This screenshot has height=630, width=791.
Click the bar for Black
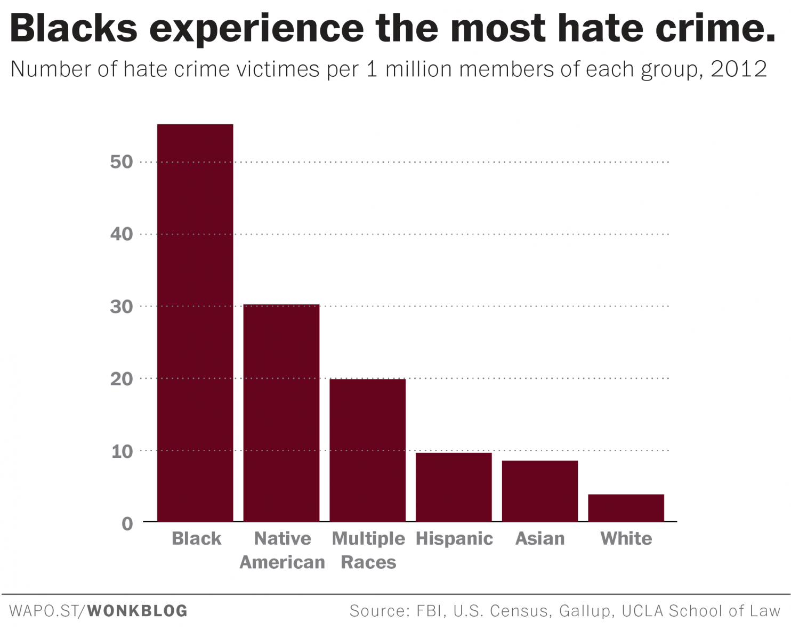coord(195,322)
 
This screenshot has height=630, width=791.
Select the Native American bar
coord(281,413)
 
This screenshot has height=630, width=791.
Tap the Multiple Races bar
coord(368,450)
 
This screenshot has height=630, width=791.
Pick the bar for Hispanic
coord(454,487)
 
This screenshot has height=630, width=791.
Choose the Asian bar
coord(540,491)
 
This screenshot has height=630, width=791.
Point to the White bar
coord(626,508)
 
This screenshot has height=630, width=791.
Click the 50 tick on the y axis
coord(122,162)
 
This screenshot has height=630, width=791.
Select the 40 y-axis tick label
coord(122,234)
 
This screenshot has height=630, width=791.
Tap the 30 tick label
coord(122,306)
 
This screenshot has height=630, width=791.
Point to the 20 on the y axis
coord(122,378)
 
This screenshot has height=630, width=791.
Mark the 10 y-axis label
coord(122,451)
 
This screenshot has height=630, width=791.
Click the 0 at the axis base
coord(127,523)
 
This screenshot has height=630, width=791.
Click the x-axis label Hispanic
coord(454,538)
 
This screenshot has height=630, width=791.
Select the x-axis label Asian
coord(540,538)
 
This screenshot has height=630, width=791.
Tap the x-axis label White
coord(626,538)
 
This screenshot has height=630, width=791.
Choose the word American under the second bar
coord(282,562)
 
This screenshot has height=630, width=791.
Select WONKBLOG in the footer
coord(138,611)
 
